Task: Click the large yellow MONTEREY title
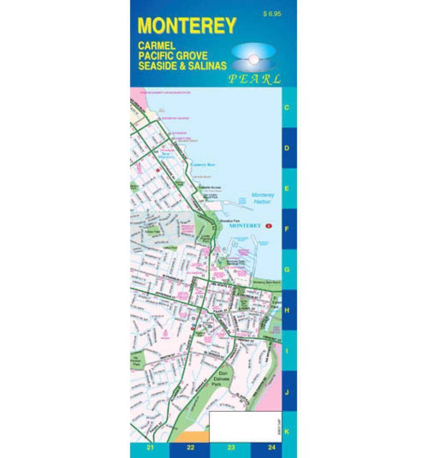pos(187,26)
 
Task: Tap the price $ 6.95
pos(272,14)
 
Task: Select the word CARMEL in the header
pos(157,46)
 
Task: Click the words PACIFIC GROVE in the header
pos(173,55)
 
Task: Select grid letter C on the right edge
pos(287,107)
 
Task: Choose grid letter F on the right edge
pos(287,229)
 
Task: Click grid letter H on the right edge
pos(287,310)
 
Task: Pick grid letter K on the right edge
pos(287,432)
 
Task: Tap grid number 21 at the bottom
pos(150,448)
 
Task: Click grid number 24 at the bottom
pos(271,448)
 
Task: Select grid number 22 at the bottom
pos(191,448)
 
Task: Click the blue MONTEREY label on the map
pos(246,226)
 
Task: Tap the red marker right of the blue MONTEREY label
pos(269,226)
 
